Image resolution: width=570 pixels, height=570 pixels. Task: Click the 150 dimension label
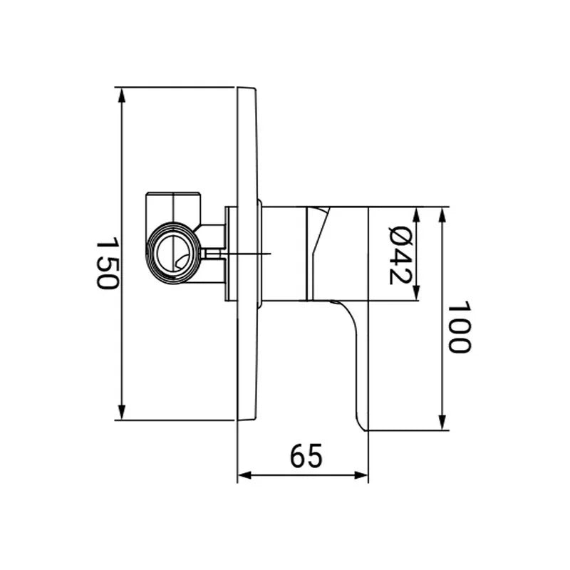pyautogui.click(x=107, y=263)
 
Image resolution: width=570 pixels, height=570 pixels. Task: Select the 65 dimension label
pyautogui.click(x=306, y=455)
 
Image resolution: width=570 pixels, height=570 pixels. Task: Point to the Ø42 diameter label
pyautogui.click(x=400, y=255)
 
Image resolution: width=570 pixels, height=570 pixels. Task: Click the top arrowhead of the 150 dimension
pyautogui.click(x=122, y=95)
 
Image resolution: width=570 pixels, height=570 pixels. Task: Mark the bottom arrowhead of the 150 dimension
pyautogui.click(x=122, y=413)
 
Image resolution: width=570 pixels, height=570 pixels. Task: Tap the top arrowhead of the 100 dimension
pyautogui.click(x=442, y=215)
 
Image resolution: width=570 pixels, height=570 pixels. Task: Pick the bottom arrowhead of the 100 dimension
pyautogui.click(x=442, y=423)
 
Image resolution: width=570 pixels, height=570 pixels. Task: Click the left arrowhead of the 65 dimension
pyautogui.click(x=245, y=475)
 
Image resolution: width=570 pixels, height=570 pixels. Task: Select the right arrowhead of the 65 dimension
pyautogui.click(x=361, y=475)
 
